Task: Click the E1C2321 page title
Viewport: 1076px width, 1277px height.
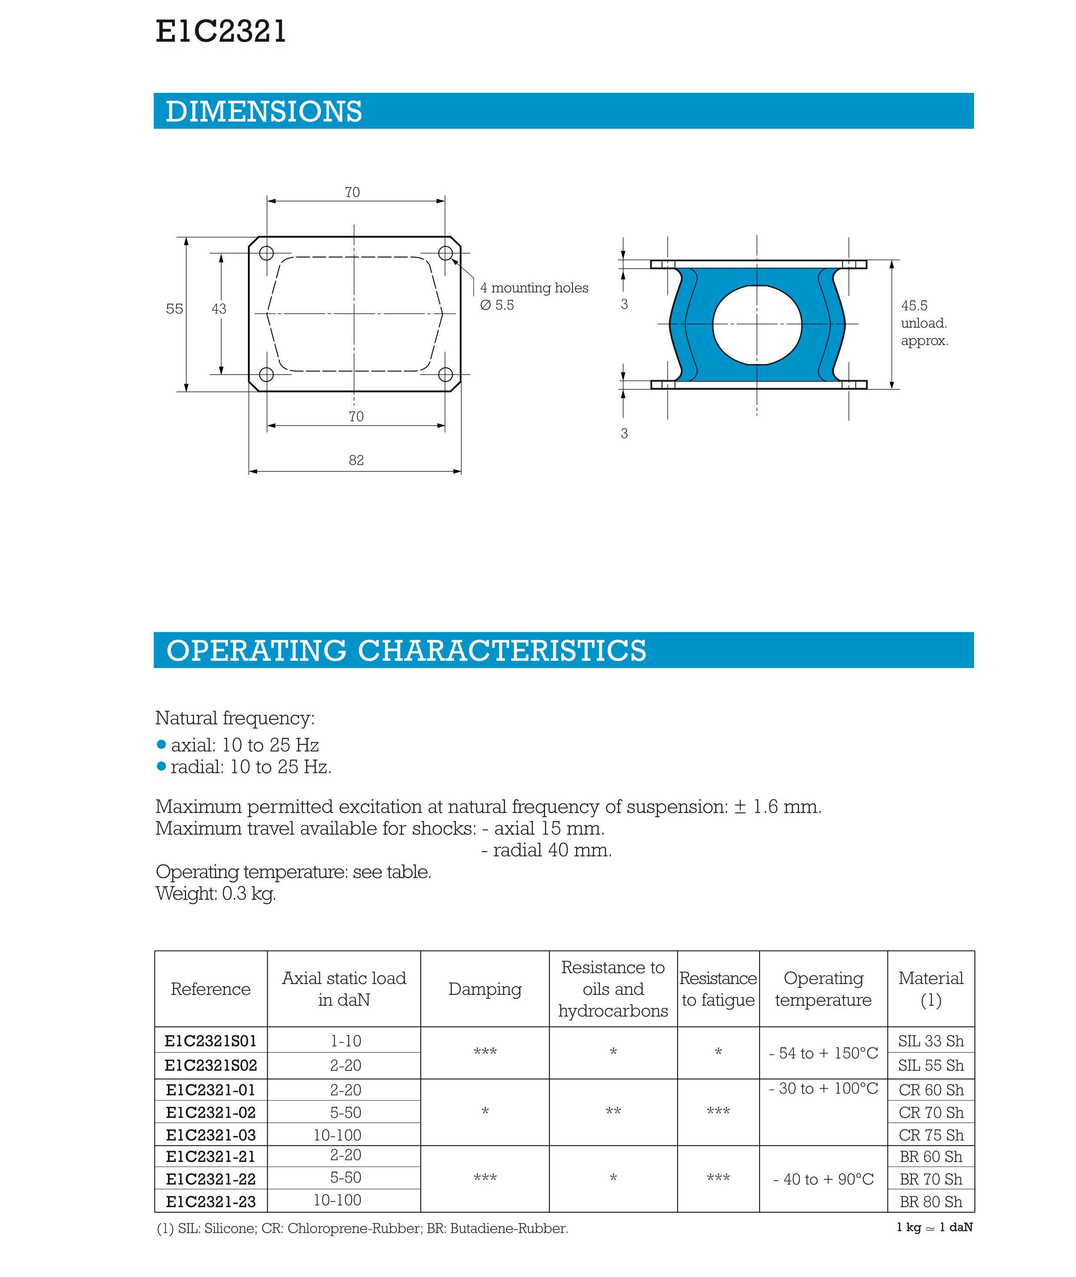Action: tap(221, 32)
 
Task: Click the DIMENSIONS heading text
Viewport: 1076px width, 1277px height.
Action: tap(263, 112)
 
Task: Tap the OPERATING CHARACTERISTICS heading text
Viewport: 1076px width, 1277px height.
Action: tap(406, 651)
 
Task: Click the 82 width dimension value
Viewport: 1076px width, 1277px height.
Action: tap(356, 461)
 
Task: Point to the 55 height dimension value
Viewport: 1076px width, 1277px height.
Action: tap(174, 309)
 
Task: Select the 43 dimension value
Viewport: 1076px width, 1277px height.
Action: tap(219, 309)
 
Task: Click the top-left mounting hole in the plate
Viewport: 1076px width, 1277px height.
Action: tap(266, 253)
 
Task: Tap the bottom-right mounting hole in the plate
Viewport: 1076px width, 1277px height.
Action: tap(446, 375)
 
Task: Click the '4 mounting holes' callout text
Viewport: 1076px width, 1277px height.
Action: tap(534, 288)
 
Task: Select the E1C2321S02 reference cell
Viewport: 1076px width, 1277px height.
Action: tap(211, 1065)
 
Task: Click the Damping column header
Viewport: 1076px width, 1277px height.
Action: tap(485, 989)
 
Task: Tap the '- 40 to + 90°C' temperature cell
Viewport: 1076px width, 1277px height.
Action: tap(823, 1179)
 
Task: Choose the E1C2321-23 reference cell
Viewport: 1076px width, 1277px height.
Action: tap(211, 1201)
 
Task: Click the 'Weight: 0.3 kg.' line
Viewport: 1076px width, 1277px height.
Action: tap(216, 894)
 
